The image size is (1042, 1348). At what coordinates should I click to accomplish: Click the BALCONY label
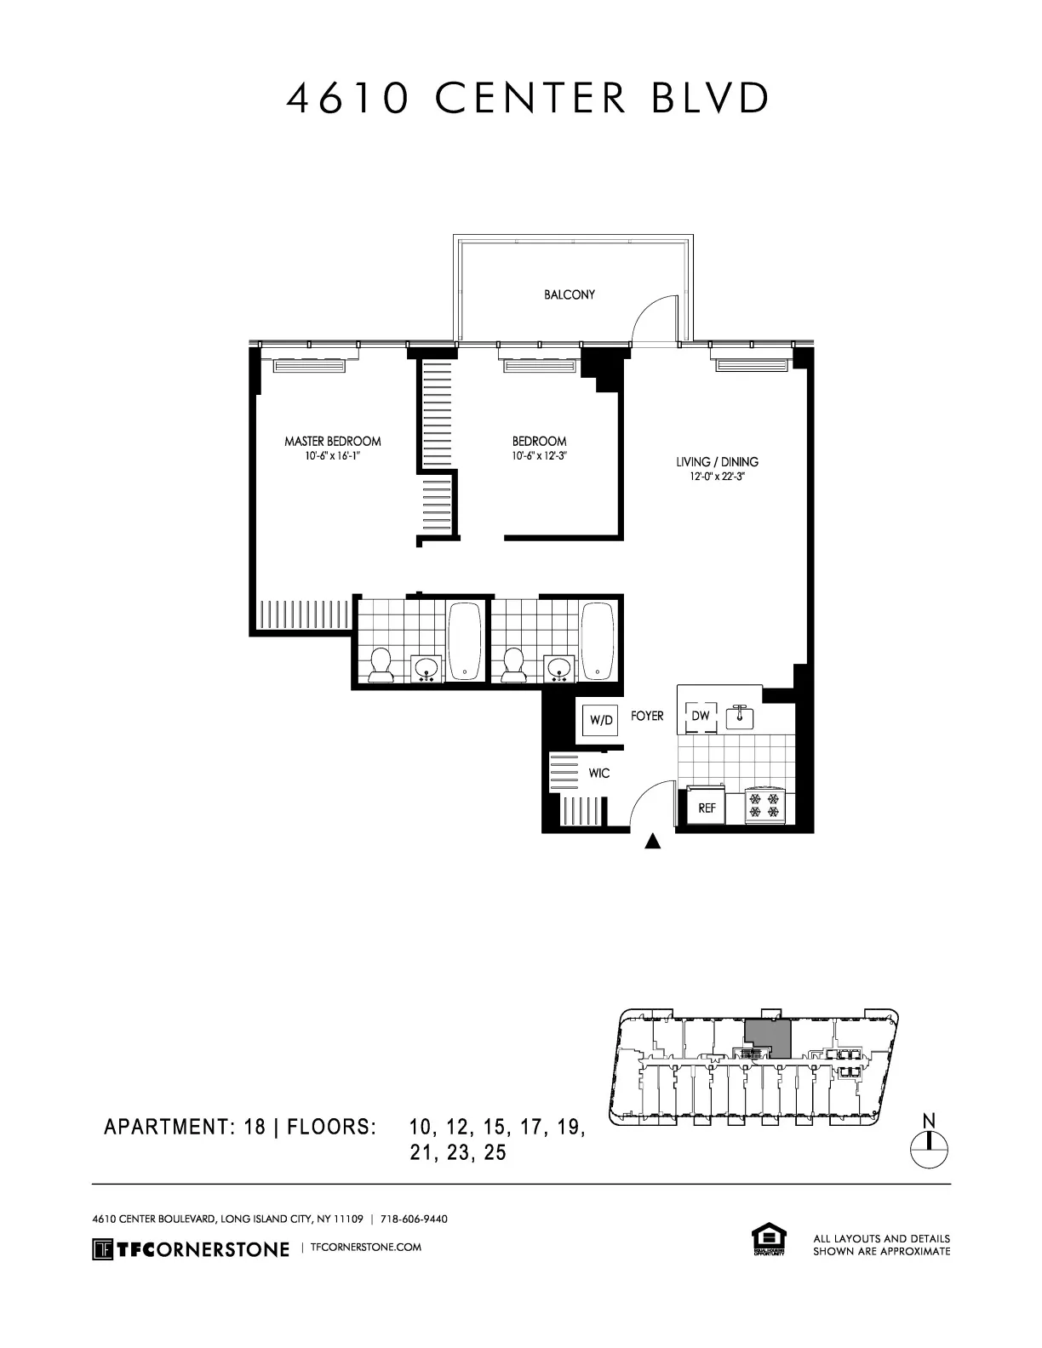[x=570, y=294]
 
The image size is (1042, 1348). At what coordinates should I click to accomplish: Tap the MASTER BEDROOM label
[x=332, y=441]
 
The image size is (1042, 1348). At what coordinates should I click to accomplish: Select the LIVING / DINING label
[x=717, y=462]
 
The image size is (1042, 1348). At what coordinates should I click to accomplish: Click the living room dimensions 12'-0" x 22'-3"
[x=717, y=477]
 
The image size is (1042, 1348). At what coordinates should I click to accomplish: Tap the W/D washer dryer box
[x=601, y=720]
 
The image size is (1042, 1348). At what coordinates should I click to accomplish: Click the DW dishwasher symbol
[x=700, y=717]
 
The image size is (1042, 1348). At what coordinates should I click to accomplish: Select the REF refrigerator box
[x=707, y=808]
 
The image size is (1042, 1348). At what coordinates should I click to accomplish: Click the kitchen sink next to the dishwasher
[x=739, y=717]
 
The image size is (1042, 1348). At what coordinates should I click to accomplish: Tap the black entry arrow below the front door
[x=653, y=842]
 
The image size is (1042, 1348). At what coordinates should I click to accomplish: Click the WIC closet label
[x=599, y=774]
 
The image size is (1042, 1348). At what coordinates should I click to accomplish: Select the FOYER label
[x=647, y=716]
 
